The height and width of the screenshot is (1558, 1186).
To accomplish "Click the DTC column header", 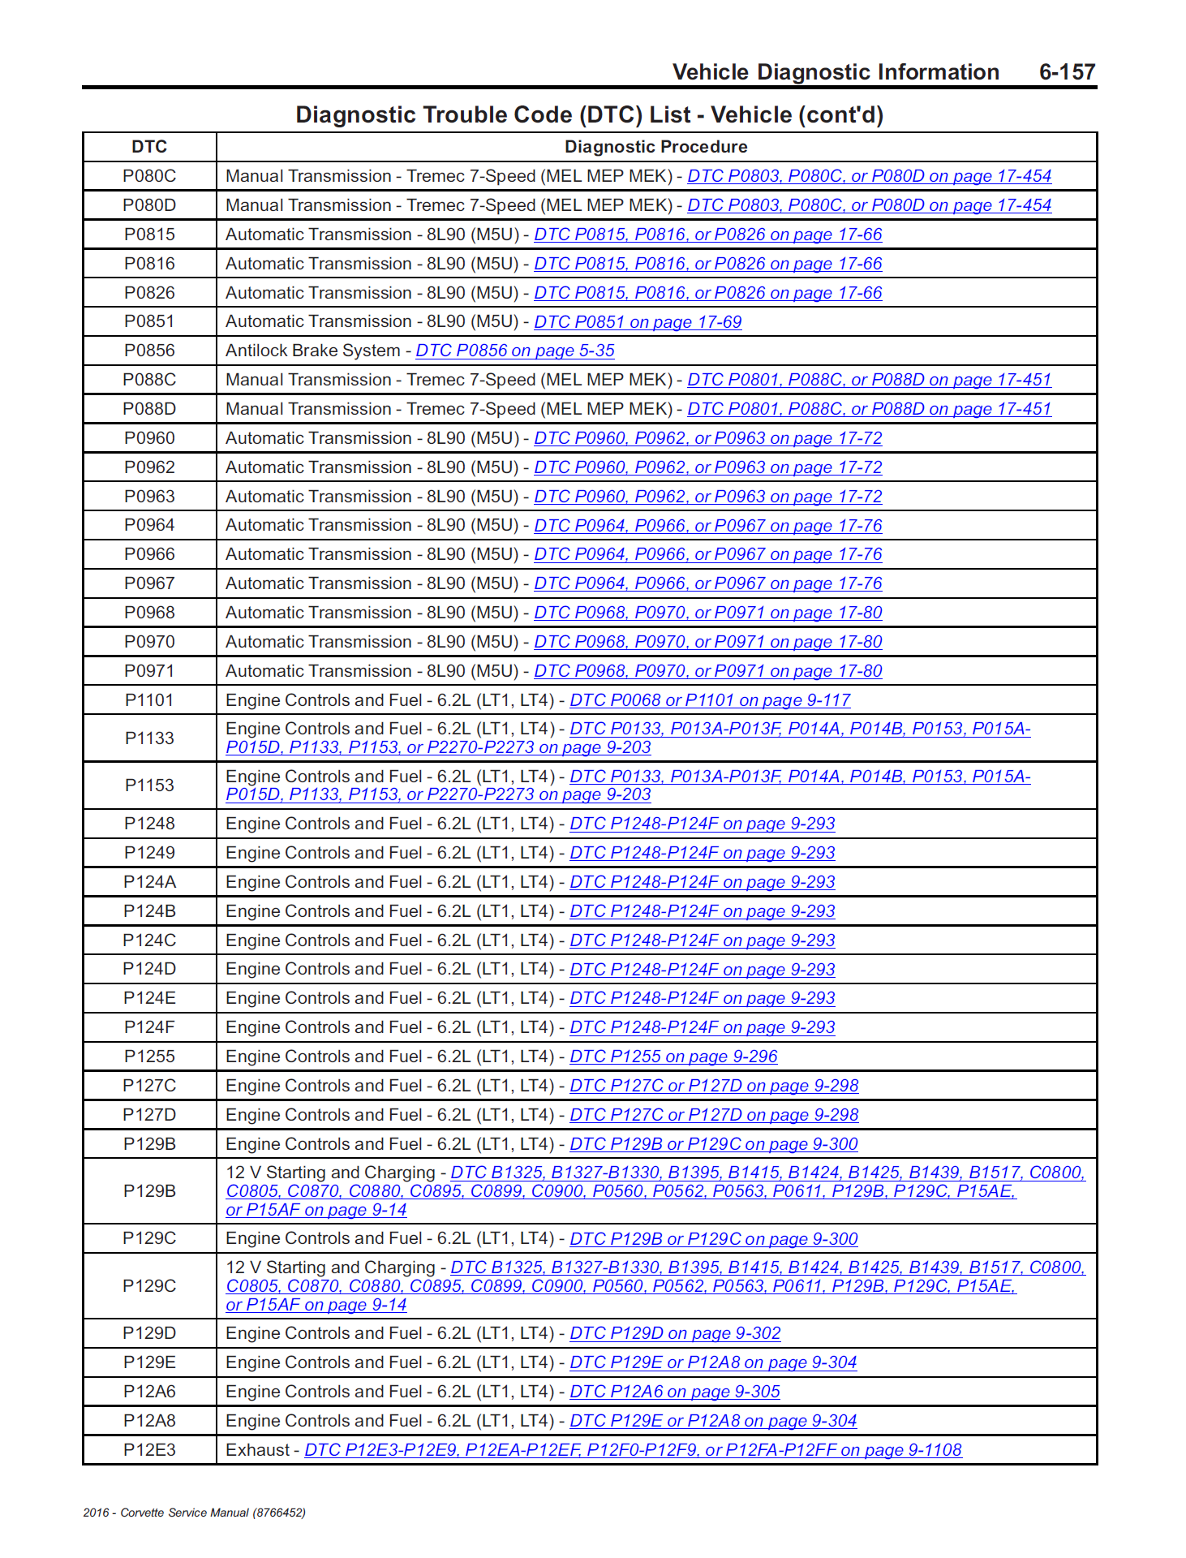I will (149, 147).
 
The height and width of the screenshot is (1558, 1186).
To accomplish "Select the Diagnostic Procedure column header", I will (655, 147).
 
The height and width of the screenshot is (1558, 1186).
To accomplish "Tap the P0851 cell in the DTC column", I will (149, 321).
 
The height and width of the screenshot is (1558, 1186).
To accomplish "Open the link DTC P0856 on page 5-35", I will (515, 351).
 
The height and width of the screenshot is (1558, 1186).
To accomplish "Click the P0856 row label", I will (149, 351).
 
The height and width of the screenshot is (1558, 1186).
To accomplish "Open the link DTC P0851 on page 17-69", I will (638, 322).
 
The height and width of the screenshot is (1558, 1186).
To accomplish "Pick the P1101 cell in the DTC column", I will (149, 700).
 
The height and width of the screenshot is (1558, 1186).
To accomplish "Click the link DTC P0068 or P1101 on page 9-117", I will (710, 700).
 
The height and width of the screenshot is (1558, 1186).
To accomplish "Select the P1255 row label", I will (149, 1057).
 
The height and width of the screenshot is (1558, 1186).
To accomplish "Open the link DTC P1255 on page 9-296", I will (673, 1057).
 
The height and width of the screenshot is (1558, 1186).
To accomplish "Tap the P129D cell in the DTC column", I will (149, 1333).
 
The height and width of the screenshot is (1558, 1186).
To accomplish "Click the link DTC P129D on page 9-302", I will (675, 1333).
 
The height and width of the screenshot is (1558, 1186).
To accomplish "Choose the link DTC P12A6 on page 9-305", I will (675, 1392).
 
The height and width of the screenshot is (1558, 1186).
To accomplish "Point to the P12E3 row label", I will (149, 1450).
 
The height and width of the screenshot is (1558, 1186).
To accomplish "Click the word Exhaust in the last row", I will (257, 1450).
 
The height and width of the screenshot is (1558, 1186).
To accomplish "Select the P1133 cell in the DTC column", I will (149, 738).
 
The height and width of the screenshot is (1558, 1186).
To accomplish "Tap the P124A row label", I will (149, 882).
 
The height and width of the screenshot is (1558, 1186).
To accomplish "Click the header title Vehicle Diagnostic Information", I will (836, 72).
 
